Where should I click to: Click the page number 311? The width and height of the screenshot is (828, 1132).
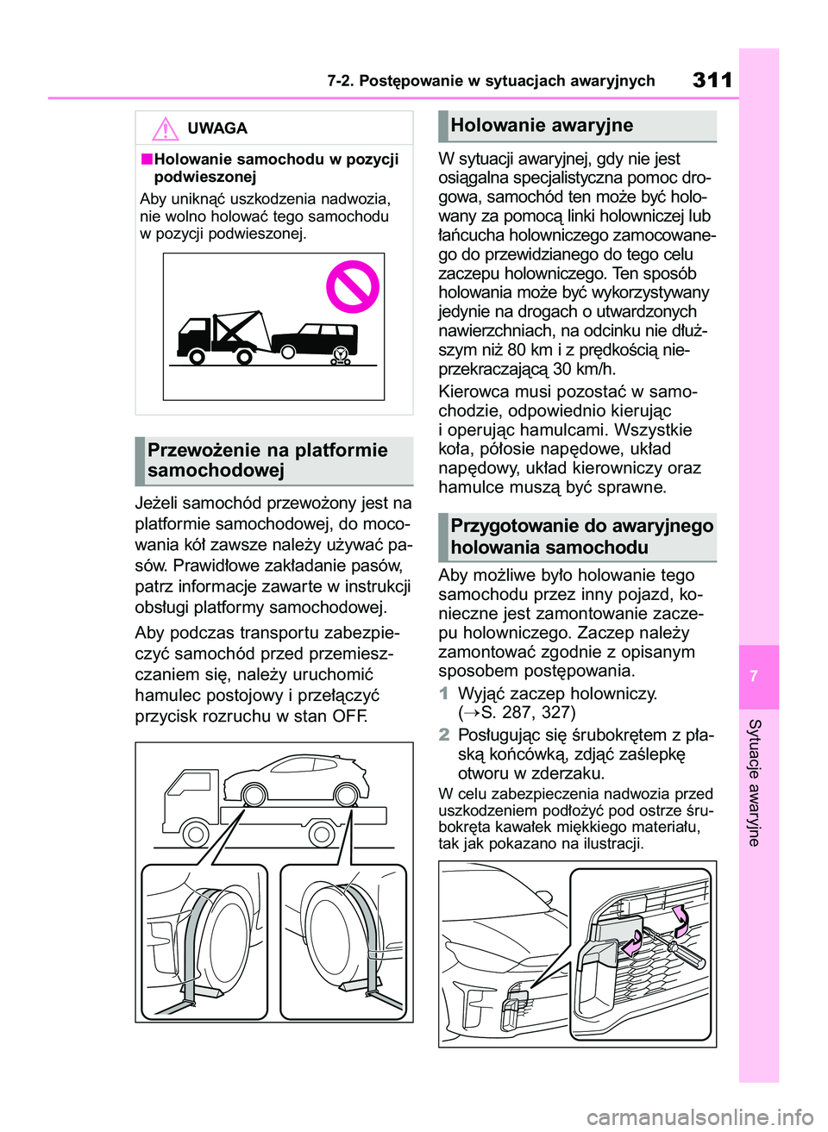click(712, 80)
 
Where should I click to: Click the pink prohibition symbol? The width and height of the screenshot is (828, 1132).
click(352, 287)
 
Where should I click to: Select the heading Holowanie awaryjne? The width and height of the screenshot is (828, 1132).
click(542, 126)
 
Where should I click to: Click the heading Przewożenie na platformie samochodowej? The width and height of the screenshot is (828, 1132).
click(267, 460)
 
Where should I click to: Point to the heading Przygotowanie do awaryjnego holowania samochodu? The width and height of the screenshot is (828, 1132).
click(581, 536)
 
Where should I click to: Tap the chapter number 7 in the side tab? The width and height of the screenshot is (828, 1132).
click(754, 676)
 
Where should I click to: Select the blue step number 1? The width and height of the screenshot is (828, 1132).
click(444, 693)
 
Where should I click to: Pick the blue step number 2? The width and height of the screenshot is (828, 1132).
click(444, 735)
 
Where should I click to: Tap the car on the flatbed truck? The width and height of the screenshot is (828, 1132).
click(298, 780)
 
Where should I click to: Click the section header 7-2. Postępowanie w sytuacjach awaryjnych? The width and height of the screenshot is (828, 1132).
click(491, 81)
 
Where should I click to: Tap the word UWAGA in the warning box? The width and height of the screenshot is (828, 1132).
click(217, 128)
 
